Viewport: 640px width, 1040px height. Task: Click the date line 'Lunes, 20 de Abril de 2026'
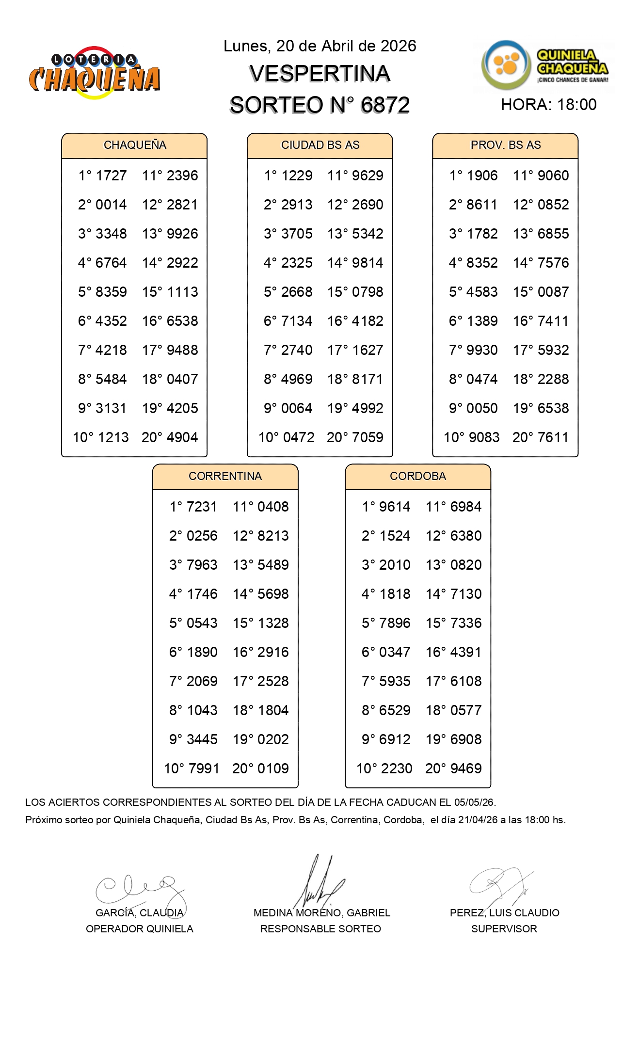[x=320, y=46]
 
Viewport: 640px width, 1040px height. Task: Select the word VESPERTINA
[x=320, y=74]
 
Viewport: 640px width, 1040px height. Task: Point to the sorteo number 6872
[x=385, y=105]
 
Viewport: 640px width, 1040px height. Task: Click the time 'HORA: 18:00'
[x=548, y=105]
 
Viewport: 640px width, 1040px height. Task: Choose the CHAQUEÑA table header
[x=135, y=145]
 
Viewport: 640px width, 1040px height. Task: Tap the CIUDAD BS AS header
[x=320, y=145]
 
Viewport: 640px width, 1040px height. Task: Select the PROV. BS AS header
[x=505, y=145]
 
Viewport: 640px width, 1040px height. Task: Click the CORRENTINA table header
[x=225, y=477]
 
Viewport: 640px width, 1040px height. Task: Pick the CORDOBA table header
[x=417, y=477]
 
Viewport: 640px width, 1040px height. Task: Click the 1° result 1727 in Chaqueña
[x=111, y=176]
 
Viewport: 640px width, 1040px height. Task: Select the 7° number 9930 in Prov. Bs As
[x=482, y=350]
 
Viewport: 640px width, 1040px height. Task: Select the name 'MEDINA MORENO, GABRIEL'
[x=321, y=913]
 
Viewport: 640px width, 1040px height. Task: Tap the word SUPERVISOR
[x=504, y=929]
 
